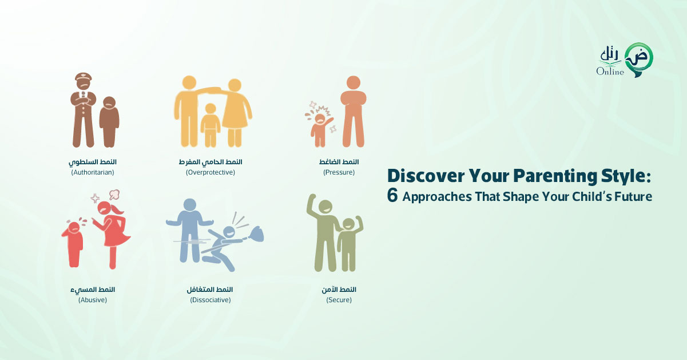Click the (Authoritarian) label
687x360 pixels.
[93, 172]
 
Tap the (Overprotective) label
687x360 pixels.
[211, 172]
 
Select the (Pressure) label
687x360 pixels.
[339, 172]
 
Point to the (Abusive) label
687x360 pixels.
[93, 300]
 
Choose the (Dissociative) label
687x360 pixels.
[211, 300]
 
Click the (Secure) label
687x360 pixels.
[339, 300]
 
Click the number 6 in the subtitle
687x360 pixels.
[392, 196]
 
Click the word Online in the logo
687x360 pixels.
[610, 72]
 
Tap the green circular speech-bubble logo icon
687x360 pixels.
[639, 60]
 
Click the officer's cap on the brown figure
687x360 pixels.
[84, 77]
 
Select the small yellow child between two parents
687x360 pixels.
[211, 125]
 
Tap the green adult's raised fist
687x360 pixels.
[312, 197]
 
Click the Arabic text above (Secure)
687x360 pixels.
[339, 289]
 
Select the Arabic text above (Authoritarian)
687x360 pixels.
[93, 162]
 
